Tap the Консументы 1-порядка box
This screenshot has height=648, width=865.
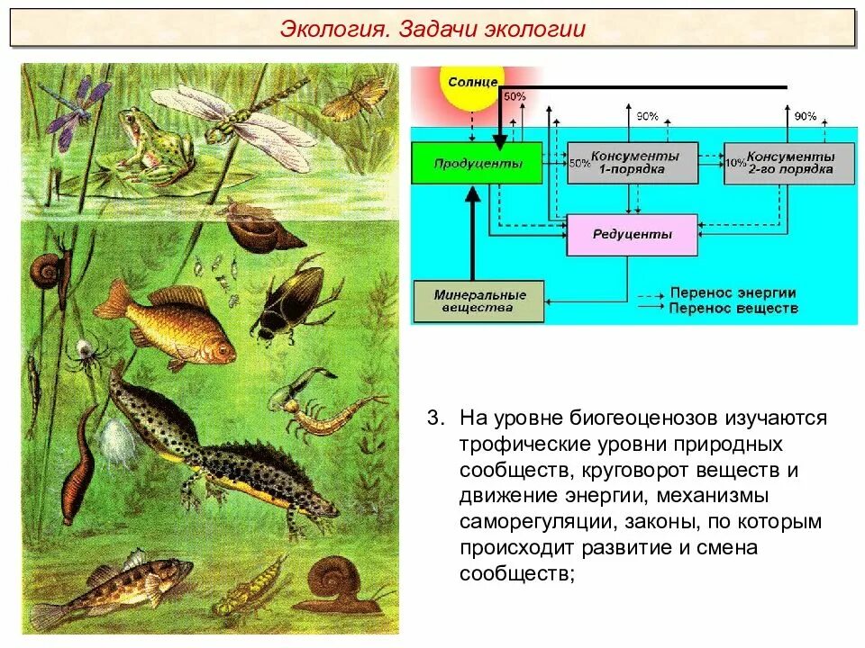click(631, 163)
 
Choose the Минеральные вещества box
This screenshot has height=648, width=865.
click(478, 301)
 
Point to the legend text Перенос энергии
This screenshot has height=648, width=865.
click(733, 293)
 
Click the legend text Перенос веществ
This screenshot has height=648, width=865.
click(733, 309)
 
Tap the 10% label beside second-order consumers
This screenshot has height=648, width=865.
click(734, 162)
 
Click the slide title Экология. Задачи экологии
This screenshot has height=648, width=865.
click(432, 29)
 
